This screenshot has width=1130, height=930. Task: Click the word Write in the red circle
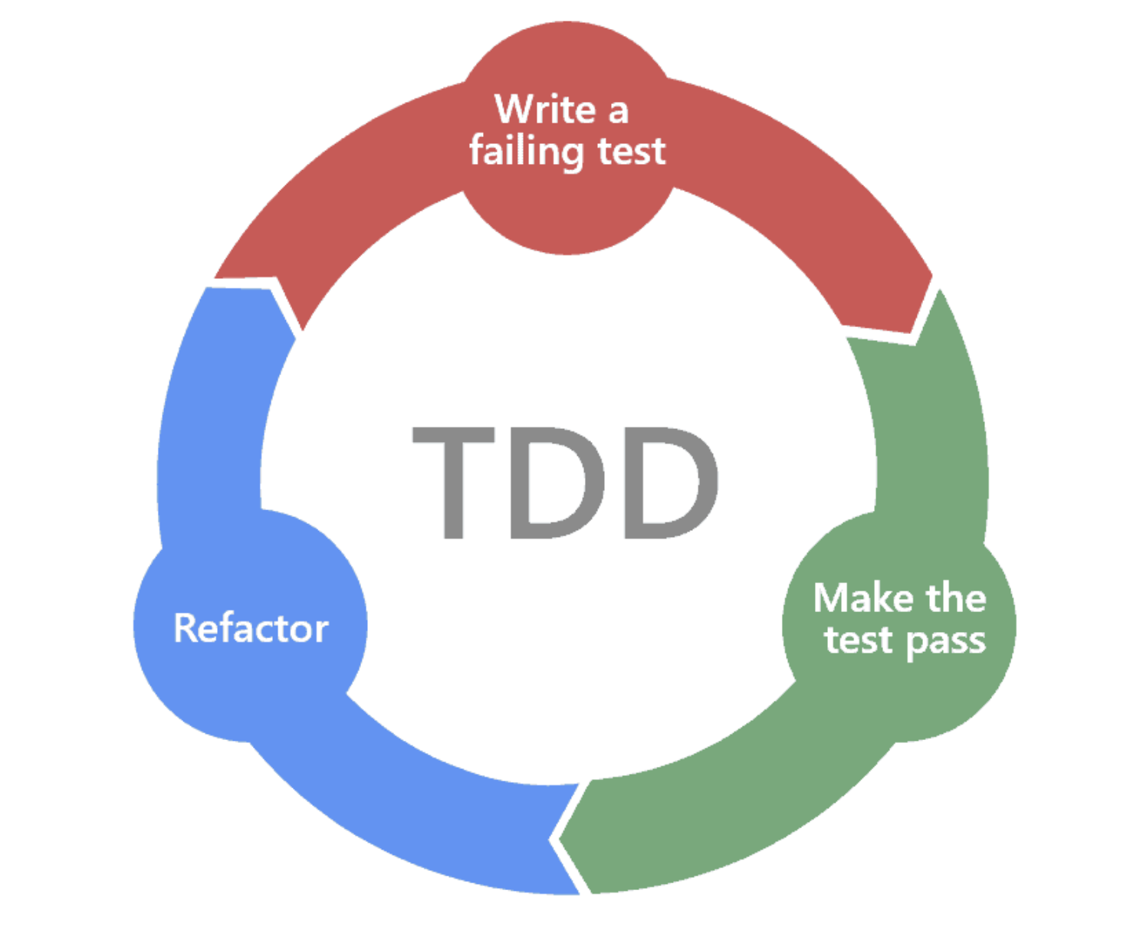tap(544, 109)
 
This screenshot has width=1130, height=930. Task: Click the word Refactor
tap(251, 628)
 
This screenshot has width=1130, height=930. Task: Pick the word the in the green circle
tap(955, 598)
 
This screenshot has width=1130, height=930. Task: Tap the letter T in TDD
tap(453, 483)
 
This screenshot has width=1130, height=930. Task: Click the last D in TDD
tap(671, 483)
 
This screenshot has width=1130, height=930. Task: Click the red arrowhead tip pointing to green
tap(914, 329)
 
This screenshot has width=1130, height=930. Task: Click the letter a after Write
tap(618, 112)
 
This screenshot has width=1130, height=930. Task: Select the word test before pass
tap(859, 640)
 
